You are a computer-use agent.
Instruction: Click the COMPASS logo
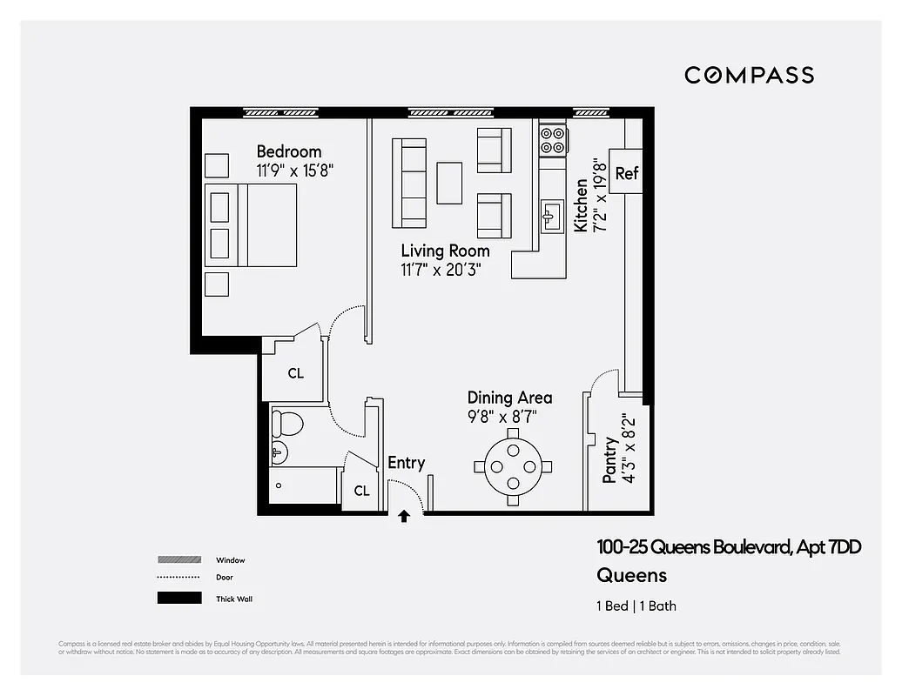[749, 75]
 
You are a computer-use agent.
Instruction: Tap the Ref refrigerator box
[627, 173]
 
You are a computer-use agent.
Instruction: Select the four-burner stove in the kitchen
[554, 140]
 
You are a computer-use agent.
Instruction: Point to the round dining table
[512, 465]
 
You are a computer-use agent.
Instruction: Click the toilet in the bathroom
[286, 424]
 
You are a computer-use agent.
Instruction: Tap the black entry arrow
[404, 516]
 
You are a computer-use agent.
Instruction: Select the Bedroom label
[289, 151]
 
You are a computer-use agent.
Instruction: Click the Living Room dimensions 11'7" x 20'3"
[441, 270]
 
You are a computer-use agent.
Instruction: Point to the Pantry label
[610, 460]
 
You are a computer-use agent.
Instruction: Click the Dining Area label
[509, 398]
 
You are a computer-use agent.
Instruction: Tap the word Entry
[406, 463]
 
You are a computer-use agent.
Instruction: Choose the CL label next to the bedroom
[296, 373]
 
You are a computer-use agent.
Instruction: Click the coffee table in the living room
[449, 183]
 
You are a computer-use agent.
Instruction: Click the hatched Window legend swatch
[179, 559]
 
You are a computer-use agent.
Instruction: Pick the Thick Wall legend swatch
[179, 598]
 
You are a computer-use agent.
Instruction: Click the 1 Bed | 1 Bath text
[636, 606]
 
